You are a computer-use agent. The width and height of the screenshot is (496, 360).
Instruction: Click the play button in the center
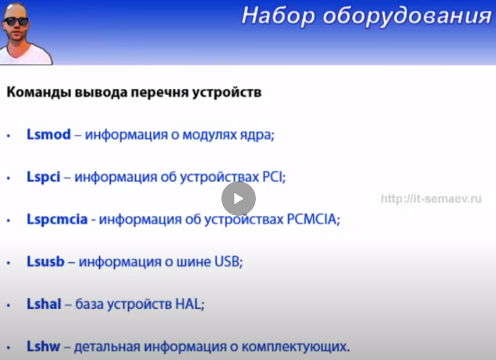coord(239,199)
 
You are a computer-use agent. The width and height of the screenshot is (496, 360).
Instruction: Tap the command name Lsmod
coord(49,134)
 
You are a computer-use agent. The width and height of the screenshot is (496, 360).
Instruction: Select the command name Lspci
coord(43,177)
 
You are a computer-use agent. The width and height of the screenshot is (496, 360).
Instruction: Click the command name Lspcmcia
coord(57,219)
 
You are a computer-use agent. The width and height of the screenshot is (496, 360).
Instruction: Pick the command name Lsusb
coord(45,262)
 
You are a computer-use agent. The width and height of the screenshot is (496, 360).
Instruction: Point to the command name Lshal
coord(44,304)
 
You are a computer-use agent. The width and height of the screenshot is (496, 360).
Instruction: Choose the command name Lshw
coord(43,346)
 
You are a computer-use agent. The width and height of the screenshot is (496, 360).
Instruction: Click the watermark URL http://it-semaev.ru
coord(431,199)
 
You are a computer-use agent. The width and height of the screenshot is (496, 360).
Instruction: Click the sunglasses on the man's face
coord(16,21)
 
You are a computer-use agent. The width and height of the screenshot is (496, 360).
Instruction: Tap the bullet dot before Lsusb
coord(8,263)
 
